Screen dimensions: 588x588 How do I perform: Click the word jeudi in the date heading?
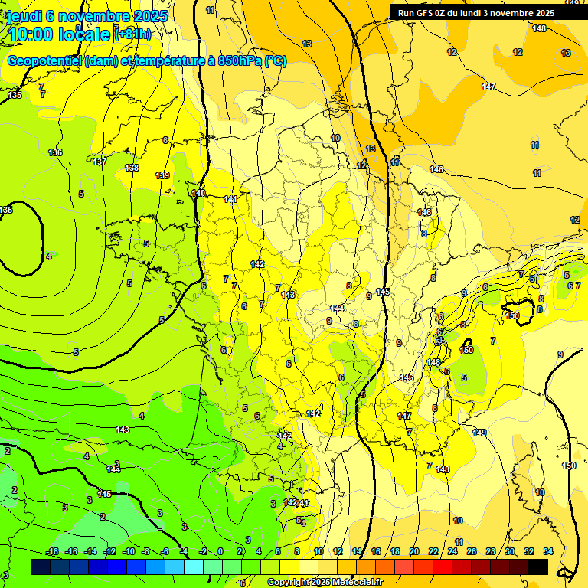point(23,16)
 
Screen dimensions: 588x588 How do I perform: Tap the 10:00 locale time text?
point(58,34)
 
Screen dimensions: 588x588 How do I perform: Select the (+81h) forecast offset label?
point(132,34)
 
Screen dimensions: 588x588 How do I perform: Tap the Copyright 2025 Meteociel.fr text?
point(325,583)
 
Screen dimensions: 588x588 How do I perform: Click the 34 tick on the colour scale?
point(548,551)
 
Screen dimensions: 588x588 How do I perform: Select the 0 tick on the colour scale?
point(220,551)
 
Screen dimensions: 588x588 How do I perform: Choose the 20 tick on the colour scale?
point(414,551)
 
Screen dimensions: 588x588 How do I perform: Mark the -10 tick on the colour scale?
point(129,551)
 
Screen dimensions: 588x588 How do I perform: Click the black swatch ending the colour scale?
point(538,567)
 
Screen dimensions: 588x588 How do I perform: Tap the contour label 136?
point(55,152)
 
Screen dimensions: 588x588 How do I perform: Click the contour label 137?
point(100,162)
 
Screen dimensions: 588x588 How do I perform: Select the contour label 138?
point(132,168)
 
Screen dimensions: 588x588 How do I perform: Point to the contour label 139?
point(162,175)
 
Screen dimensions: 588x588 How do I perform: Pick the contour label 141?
point(230,199)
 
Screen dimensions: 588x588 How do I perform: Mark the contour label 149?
point(479,433)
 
